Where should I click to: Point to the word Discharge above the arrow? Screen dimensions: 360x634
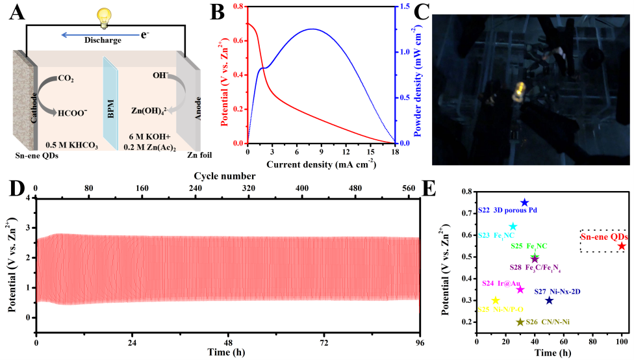pyautogui.click(x=103, y=40)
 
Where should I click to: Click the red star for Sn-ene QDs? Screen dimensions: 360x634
pyautogui.click(x=622, y=246)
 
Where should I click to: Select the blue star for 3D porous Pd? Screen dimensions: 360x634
pyautogui.click(x=524, y=203)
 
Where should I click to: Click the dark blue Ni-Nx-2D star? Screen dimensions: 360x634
pyautogui.click(x=549, y=300)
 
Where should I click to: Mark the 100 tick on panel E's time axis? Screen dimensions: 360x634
pyautogui.click(x=622, y=342)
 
